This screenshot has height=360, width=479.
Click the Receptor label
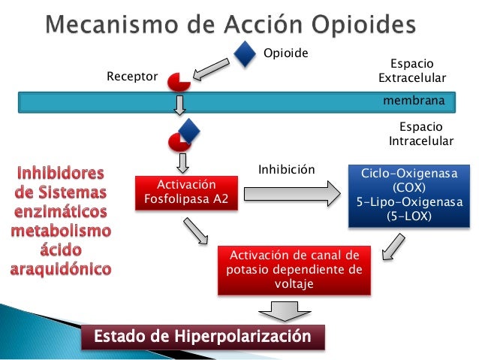[132, 77]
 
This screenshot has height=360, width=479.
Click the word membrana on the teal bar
[414, 100]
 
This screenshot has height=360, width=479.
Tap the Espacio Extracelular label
[412, 71]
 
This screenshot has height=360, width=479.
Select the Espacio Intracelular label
[420, 135]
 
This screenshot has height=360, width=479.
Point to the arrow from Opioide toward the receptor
[213, 69]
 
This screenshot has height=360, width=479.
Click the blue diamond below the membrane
[188, 130]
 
